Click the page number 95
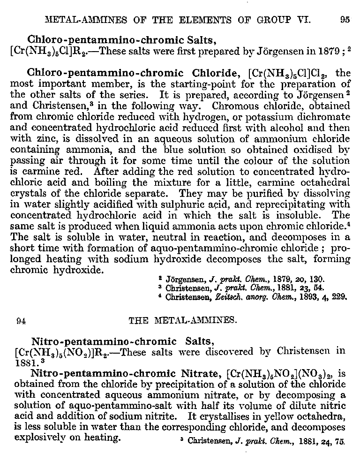[345, 20]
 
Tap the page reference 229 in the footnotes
[340, 296]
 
